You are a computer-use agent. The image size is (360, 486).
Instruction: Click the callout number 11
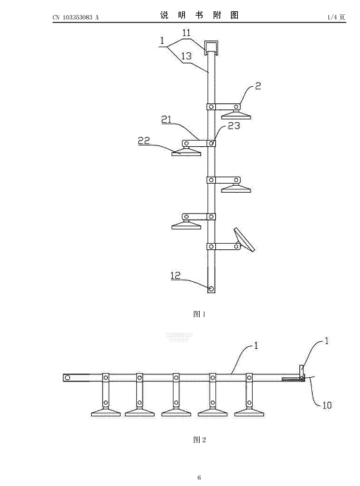(x=186, y=32)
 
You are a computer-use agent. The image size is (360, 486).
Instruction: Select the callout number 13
(x=186, y=56)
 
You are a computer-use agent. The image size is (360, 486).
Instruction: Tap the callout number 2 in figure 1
(x=258, y=86)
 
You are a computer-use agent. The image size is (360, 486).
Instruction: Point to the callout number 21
(x=167, y=119)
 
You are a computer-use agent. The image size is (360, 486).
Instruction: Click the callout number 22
(x=144, y=141)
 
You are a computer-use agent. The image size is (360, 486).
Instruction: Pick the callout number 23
(x=234, y=126)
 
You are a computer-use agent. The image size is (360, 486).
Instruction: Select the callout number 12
(x=175, y=275)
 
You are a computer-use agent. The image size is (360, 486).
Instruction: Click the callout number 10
(x=327, y=405)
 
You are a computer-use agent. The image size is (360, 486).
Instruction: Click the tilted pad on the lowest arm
(x=244, y=240)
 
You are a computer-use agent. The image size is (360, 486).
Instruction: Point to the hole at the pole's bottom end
(x=211, y=289)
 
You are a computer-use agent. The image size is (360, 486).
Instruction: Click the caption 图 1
(x=199, y=314)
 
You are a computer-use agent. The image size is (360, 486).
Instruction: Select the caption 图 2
(x=199, y=439)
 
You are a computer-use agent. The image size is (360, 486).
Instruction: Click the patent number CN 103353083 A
(x=76, y=18)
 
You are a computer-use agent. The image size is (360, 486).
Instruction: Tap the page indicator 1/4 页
(x=336, y=18)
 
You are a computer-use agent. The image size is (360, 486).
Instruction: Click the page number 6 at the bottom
(x=199, y=478)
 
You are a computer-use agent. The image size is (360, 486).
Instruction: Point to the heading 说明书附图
(x=199, y=16)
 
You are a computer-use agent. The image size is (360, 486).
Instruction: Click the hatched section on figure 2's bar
(x=292, y=379)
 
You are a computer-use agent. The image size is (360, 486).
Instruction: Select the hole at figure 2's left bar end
(x=67, y=377)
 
